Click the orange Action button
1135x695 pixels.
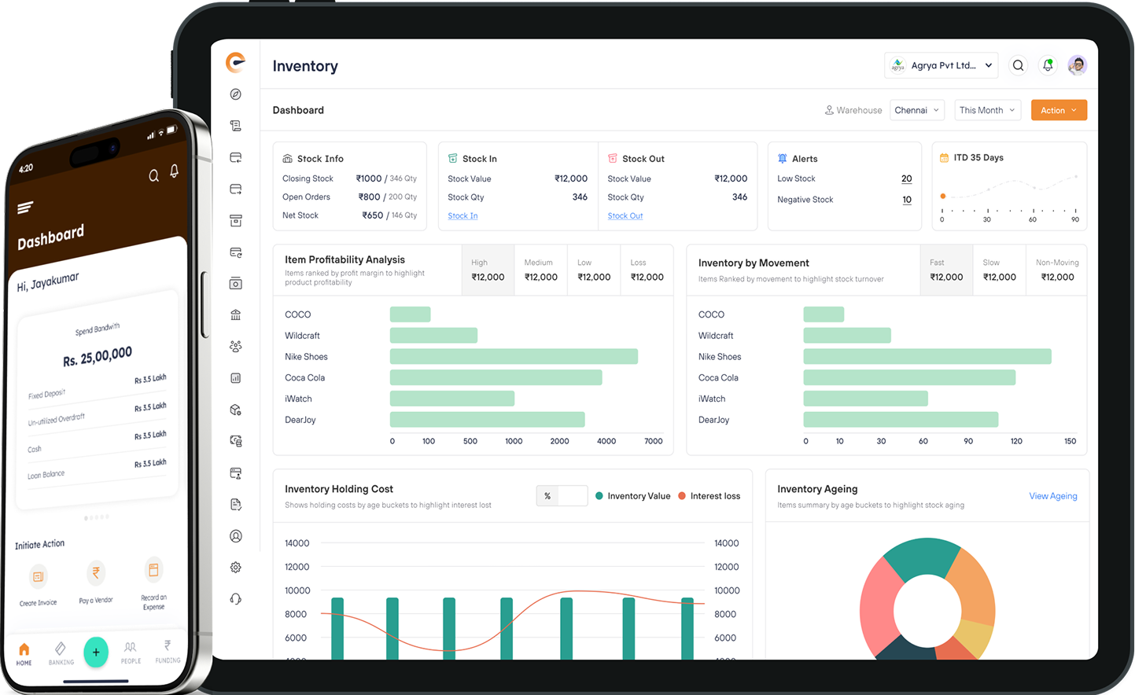point(1059,110)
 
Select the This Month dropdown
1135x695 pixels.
point(987,110)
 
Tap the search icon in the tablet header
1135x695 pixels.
point(1018,65)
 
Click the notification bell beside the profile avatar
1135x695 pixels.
point(1048,65)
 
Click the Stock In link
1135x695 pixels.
point(462,215)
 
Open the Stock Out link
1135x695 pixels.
point(625,215)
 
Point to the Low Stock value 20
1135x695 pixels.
point(906,178)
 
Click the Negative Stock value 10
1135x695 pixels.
point(906,200)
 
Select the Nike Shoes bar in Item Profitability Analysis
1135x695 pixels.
point(514,356)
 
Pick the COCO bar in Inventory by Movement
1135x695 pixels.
point(824,314)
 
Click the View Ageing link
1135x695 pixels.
point(1053,496)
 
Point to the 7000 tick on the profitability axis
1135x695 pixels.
point(653,441)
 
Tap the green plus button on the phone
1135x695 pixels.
point(96,652)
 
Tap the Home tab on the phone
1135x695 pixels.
point(24,653)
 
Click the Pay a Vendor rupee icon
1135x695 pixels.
point(96,573)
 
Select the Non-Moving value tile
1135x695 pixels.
point(1056,270)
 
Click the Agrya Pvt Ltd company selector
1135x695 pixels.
point(941,65)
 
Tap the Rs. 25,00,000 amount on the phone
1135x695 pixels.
point(98,356)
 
